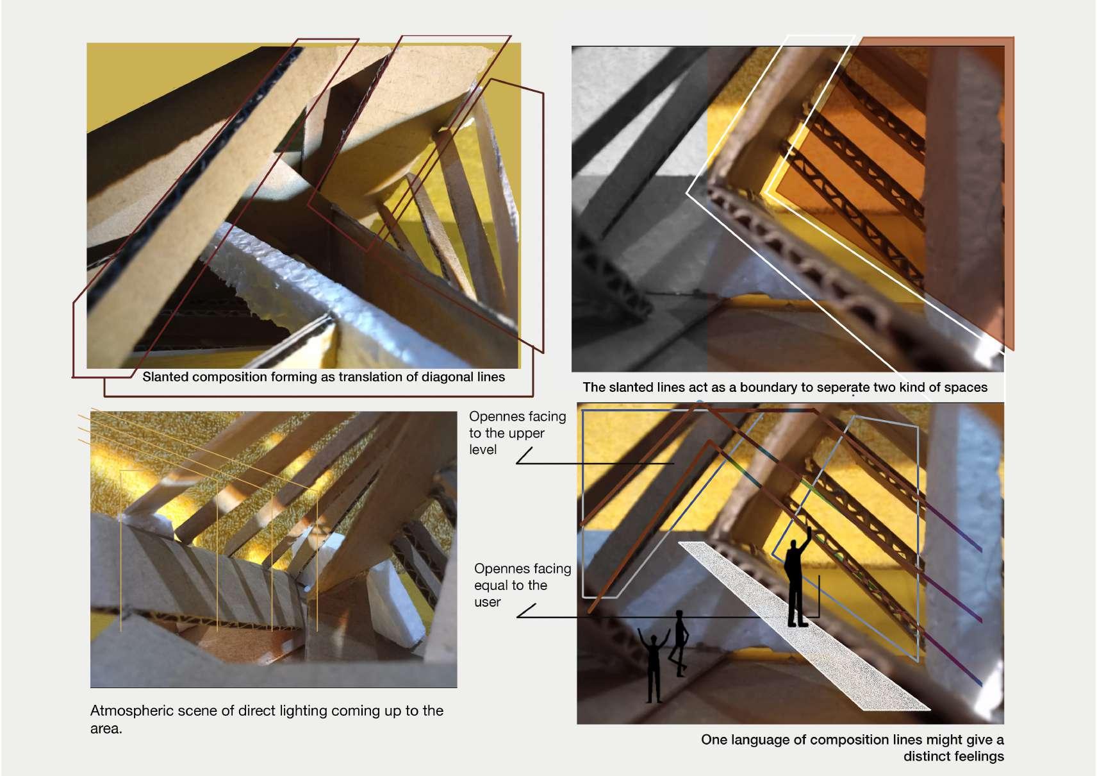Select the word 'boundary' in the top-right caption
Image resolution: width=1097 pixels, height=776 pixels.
click(763, 387)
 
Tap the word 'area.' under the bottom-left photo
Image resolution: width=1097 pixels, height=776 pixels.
click(106, 729)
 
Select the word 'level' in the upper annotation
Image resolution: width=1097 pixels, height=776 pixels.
click(483, 450)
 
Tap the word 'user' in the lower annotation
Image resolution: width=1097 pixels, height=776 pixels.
click(487, 602)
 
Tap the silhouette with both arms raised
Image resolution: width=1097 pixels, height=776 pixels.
click(654, 666)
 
